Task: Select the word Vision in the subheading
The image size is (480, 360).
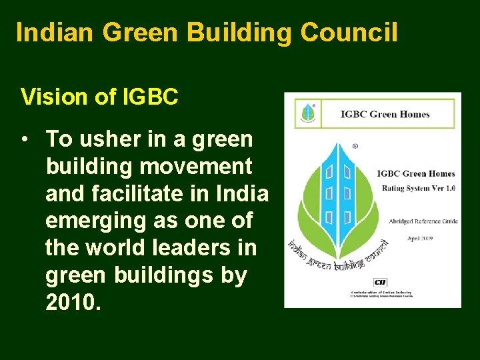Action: point(54,97)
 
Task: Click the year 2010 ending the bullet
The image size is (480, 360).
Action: point(71,302)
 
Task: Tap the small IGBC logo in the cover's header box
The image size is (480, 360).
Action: point(307,113)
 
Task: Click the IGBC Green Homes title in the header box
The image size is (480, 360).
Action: point(385,114)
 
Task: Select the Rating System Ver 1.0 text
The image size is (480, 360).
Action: point(419,188)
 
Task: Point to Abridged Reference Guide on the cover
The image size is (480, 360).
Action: point(423,221)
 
